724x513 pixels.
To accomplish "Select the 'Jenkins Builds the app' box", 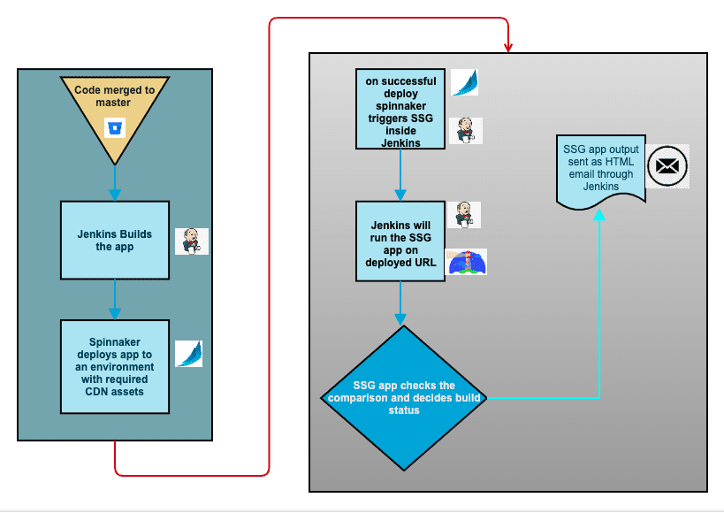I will (x=115, y=241).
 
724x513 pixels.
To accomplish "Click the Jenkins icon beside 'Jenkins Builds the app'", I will (x=191, y=241).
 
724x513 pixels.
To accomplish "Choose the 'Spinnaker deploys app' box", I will (x=115, y=367).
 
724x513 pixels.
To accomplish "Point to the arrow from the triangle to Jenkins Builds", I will (x=115, y=183).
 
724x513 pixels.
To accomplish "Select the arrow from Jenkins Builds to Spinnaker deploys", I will (x=115, y=300).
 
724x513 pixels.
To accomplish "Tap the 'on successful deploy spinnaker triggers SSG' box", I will (x=400, y=109).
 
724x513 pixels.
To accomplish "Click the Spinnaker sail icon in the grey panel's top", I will (x=465, y=82).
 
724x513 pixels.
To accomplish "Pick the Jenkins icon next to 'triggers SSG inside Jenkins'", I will (x=465, y=131).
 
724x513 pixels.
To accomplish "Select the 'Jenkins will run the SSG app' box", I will (x=400, y=241).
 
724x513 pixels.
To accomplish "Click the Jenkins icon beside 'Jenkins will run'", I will (x=463, y=215).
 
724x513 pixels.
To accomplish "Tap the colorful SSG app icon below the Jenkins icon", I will (x=466, y=262).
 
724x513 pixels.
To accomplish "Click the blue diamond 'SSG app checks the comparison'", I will (x=403, y=398).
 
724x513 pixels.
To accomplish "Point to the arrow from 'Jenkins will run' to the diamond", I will (x=400, y=302).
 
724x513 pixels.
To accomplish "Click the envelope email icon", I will (x=667, y=166).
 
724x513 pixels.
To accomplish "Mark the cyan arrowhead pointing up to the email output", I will (x=601, y=214).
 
